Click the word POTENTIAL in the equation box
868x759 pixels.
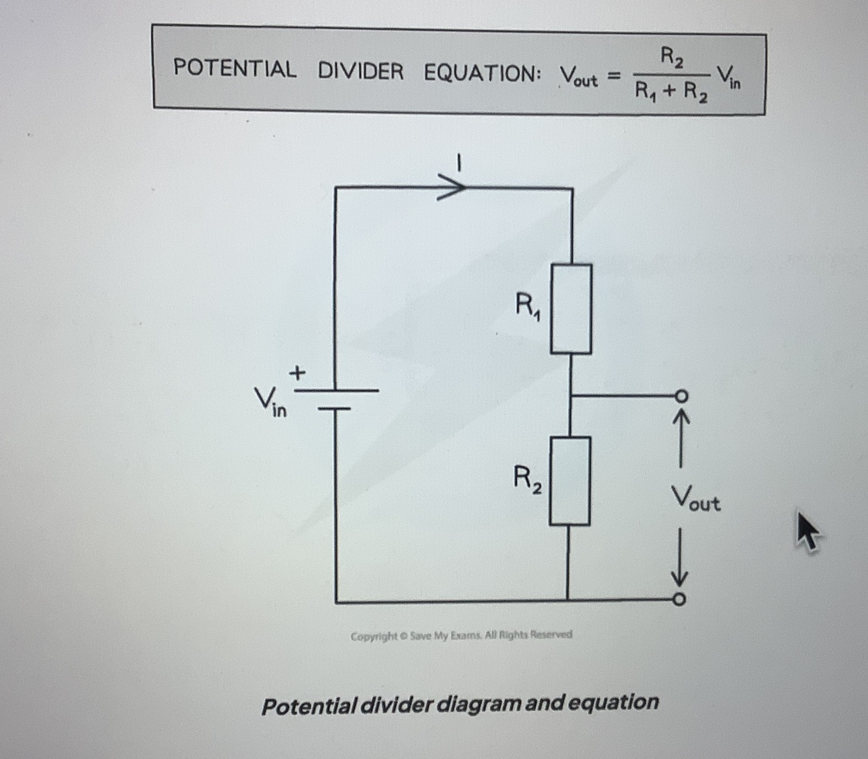[234, 68]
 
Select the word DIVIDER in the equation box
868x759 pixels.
[360, 71]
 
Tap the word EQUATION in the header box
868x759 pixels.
[481, 73]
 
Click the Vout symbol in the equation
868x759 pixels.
[578, 77]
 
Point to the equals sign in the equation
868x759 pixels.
[613, 77]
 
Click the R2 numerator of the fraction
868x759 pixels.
[672, 58]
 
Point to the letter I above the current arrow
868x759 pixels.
[459, 162]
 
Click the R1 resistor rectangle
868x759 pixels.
[571, 308]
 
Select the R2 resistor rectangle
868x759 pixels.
[570, 481]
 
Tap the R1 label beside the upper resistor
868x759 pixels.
[528, 305]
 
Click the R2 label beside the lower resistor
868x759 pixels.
[528, 479]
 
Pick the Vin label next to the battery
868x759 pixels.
[269, 401]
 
